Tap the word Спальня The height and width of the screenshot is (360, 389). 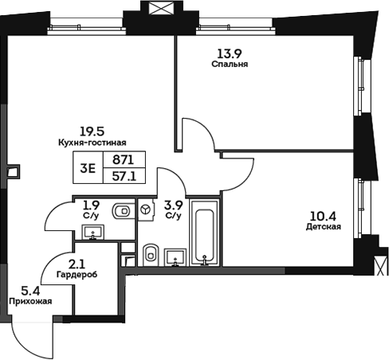(224, 65)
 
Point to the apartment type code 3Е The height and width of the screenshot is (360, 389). (89, 168)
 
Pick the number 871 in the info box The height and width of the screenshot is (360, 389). (124, 160)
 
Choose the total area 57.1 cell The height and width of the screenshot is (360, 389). (124, 177)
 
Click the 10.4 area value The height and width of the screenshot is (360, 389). (323, 214)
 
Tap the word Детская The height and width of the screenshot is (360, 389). (324, 226)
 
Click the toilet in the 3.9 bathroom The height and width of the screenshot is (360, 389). (151, 254)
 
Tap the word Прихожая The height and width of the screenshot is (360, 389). (30, 302)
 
